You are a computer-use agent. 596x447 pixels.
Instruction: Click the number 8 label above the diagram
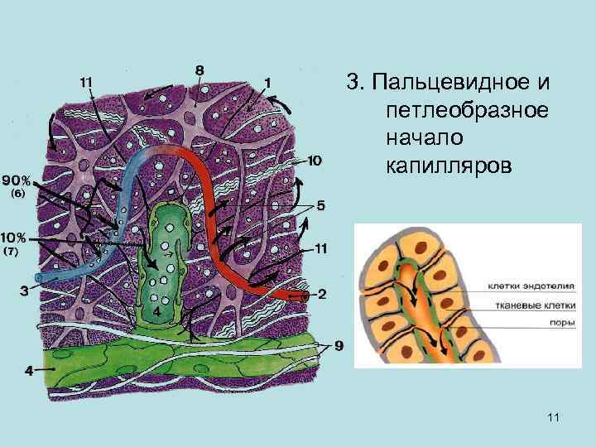pyautogui.click(x=199, y=70)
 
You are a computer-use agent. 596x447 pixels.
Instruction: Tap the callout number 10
pyautogui.click(x=315, y=159)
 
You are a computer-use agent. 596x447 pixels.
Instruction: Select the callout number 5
pyautogui.click(x=321, y=204)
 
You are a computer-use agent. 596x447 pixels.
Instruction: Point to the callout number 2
pyautogui.click(x=322, y=293)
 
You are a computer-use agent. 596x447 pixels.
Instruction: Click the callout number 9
pyautogui.click(x=339, y=345)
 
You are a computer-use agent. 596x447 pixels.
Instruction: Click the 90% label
pyautogui.click(x=17, y=180)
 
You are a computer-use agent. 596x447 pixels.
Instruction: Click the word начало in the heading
pyautogui.click(x=420, y=137)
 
